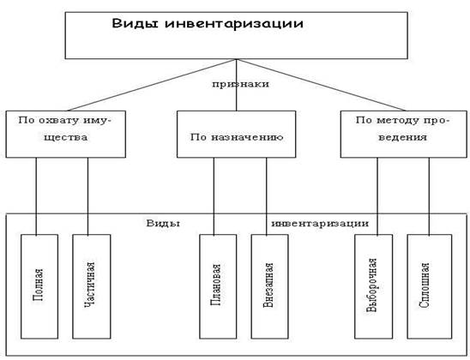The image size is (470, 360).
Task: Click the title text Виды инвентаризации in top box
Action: pyautogui.click(x=208, y=23)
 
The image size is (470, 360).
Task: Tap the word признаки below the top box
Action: pyautogui.click(x=240, y=84)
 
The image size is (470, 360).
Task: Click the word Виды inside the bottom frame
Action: pyautogui.click(x=163, y=224)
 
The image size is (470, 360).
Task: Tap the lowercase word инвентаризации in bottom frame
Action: pyautogui.click(x=320, y=224)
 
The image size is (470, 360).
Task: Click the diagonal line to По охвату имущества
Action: pyautogui.click(x=153, y=85)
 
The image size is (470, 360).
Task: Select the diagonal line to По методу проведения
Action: pyautogui.click(x=321, y=85)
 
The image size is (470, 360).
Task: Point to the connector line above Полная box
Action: pyautogui.click(x=36, y=196)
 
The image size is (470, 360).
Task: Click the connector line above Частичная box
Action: pyautogui.click(x=87, y=196)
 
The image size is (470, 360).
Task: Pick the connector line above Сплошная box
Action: pyautogui.click(x=429, y=196)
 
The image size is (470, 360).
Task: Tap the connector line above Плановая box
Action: pyautogui.click(x=214, y=196)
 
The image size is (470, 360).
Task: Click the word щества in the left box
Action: pyautogui.click(x=66, y=137)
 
